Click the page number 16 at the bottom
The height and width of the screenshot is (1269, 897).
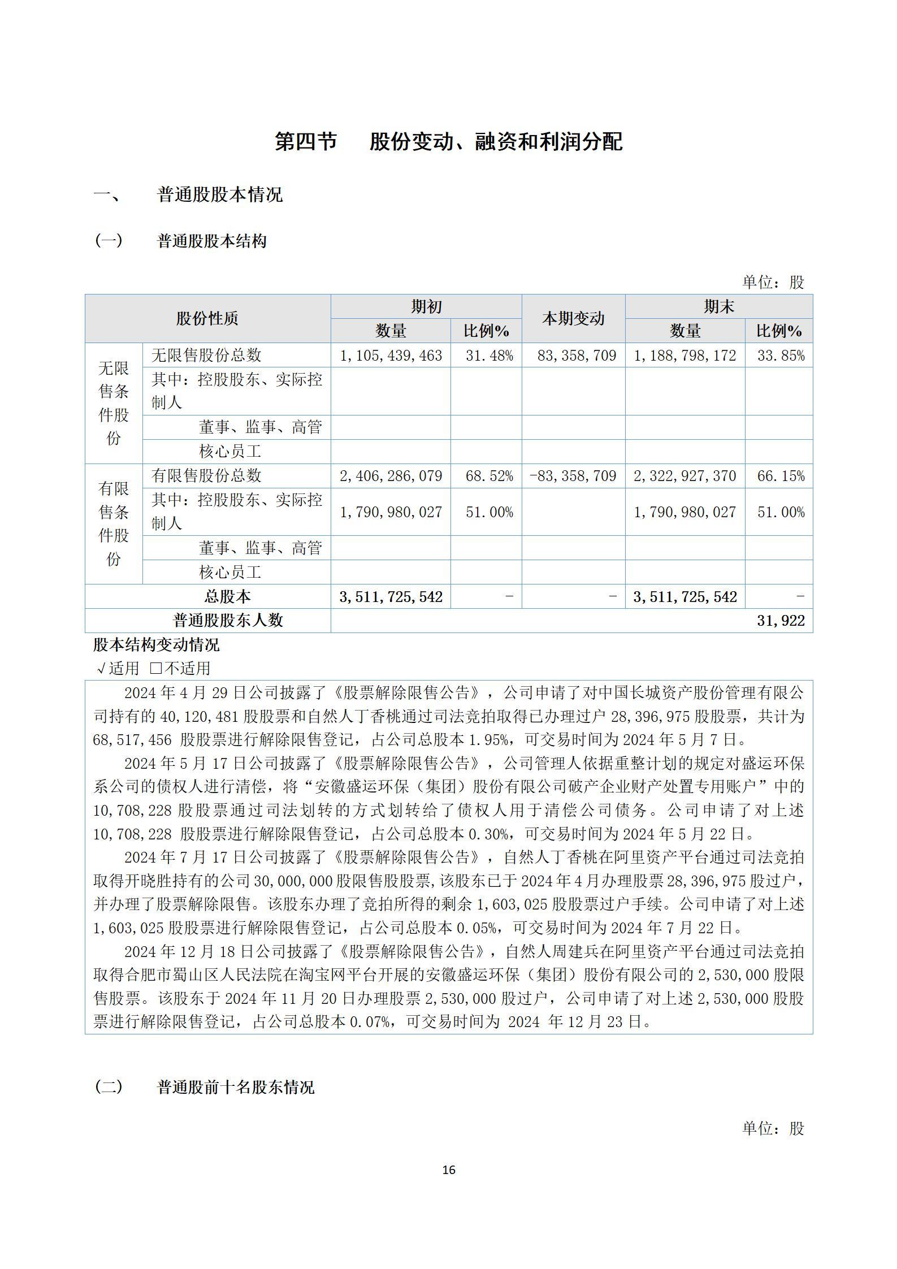(449, 1170)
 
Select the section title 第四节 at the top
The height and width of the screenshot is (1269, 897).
(306, 141)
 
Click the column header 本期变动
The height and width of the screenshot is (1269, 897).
(573, 319)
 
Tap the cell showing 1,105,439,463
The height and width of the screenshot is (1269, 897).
(391, 356)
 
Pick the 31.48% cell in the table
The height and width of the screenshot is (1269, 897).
(489, 356)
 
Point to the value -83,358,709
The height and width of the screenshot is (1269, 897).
(573, 476)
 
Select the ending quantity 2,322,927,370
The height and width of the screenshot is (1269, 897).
(684, 476)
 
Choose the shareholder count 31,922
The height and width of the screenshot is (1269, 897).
(781, 621)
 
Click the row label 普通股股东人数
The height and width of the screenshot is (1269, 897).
(227, 621)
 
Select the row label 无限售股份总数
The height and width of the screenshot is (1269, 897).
(206, 356)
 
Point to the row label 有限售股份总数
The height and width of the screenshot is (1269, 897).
(206, 476)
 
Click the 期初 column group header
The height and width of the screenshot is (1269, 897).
(426, 307)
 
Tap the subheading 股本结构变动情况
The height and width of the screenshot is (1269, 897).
(156, 645)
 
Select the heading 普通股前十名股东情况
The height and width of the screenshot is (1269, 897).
(235, 1087)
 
